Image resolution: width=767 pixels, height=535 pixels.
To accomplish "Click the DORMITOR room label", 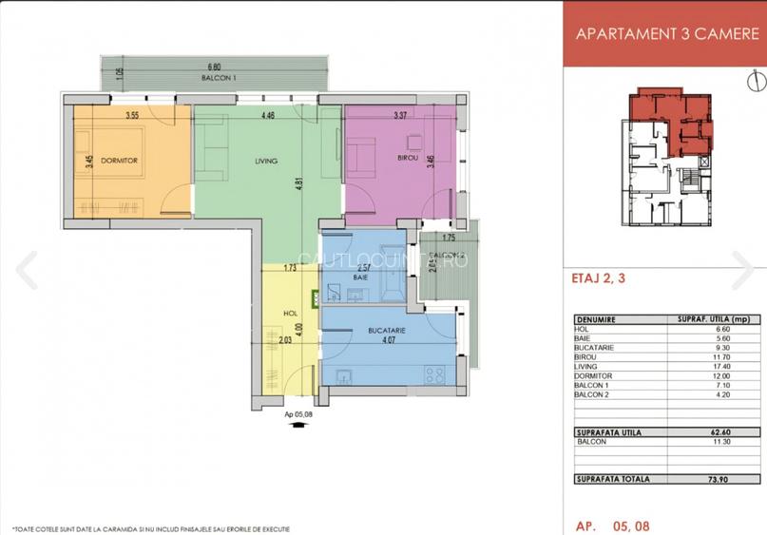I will [x=121, y=161].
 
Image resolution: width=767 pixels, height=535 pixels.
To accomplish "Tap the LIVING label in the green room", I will [x=266, y=161].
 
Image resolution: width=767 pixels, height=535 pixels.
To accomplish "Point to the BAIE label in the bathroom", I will [x=360, y=277].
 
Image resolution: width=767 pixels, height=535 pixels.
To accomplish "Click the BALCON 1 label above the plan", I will [x=218, y=77].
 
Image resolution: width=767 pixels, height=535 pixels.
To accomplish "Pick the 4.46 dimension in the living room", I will [x=268, y=116].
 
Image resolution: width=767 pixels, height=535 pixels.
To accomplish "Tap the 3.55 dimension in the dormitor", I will [x=133, y=116].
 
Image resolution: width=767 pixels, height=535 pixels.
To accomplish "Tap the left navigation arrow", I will [x=27, y=271].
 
